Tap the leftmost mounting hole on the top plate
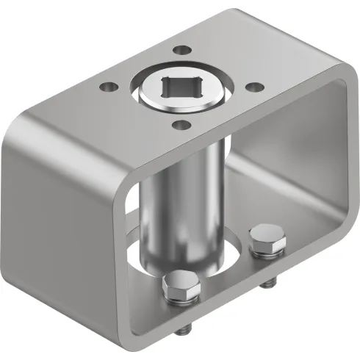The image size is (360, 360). (x=108, y=87)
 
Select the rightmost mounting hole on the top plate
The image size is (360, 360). (x=252, y=87)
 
